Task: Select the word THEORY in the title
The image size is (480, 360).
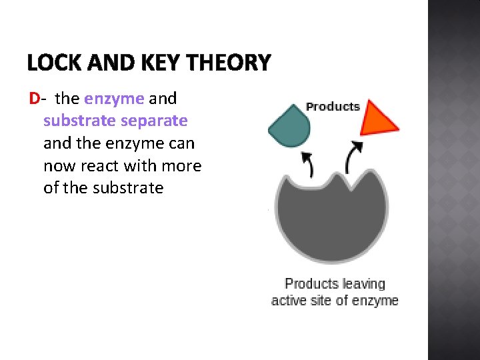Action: pyautogui.click(x=230, y=63)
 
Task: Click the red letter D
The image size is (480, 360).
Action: pyautogui.click(x=34, y=99)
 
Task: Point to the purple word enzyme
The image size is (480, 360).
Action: pyautogui.click(x=114, y=99)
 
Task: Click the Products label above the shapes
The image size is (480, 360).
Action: pyautogui.click(x=333, y=107)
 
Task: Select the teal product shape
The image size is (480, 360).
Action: pyautogui.click(x=288, y=125)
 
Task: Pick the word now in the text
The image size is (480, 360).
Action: pyautogui.click(x=58, y=165)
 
